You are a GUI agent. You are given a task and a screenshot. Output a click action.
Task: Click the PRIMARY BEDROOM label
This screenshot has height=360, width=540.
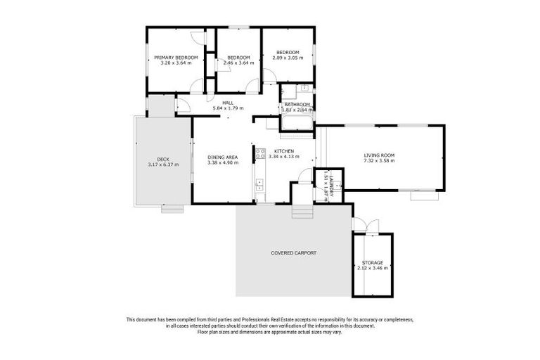point(176,57)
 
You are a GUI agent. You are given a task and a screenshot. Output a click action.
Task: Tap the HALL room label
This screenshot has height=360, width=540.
point(227,103)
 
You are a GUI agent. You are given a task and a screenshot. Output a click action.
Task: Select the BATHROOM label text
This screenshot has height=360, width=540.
point(297,105)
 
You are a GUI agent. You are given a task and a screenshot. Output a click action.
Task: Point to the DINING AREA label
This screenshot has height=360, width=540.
point(223,157)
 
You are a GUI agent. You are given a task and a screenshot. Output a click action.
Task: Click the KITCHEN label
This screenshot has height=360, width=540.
point(284,152)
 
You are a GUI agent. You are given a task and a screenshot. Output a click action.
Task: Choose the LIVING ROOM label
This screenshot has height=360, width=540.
point(379,155)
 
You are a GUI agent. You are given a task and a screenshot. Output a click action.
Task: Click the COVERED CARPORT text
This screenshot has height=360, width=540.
point(293,253)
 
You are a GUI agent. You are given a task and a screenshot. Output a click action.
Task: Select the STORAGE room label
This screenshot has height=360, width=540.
point(373,262)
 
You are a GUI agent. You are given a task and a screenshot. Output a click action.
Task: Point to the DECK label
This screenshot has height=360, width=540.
point(163,160)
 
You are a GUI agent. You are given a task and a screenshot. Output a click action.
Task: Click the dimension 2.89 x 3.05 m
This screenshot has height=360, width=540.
point(288,58)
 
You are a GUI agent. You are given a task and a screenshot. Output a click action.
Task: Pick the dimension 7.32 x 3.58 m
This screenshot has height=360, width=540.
point(379,161)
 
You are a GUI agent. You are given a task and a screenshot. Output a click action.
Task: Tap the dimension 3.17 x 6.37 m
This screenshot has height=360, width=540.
point(163,165)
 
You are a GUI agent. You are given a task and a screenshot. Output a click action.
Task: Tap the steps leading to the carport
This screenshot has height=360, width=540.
point(300,211)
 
